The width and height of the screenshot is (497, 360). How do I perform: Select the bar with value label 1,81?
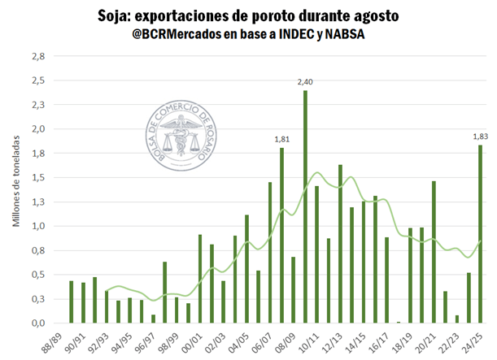pyautogui.click(x=281, y=236)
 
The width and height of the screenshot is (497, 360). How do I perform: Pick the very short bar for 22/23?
pyautogui.click(x=457, y=319)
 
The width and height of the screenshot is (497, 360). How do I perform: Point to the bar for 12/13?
pyautogui.click(x=340, y=244)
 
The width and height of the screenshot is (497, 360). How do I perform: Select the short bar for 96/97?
pyautogui.click(x=153, y=319)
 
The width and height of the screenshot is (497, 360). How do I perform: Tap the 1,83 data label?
pyautogui.click(x=481, y=136)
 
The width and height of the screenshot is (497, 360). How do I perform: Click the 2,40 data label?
pyautogui.click(x=305, y=81)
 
